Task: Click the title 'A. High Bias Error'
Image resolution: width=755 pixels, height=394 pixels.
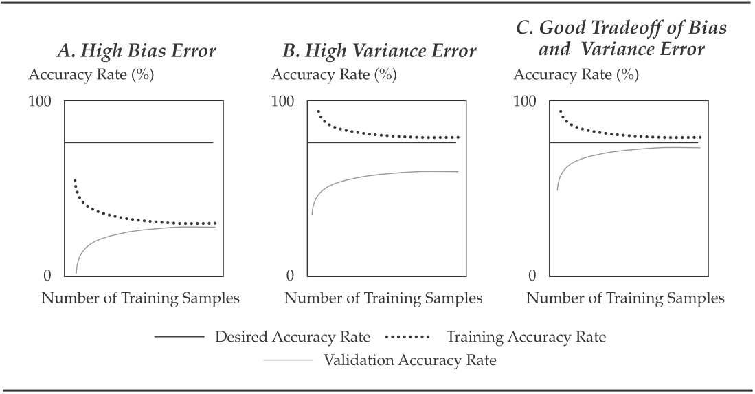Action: click(136, 51)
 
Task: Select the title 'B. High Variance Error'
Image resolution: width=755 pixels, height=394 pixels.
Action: click(379, 51)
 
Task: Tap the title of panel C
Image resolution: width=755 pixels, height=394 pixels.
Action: click(622, 39)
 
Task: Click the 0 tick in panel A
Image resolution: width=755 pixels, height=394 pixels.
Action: click(47, 276)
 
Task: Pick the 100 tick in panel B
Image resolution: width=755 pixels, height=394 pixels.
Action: click(282, 102)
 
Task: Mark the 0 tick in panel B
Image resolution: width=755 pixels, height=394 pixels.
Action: click(290, 276)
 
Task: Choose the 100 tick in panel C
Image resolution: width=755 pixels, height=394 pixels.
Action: click(525, 102)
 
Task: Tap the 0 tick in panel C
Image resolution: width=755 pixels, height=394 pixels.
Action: click(532, 276)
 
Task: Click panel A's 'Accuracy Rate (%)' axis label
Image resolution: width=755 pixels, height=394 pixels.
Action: click(91, 75)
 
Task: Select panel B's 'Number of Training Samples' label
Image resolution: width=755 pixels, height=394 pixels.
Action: click(383, 298)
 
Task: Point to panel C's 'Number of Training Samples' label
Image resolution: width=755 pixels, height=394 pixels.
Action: click(625, 298)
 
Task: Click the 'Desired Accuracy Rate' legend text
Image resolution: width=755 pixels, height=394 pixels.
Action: click(293, 337)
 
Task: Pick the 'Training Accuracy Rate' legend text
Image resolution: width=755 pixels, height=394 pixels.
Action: click(526, 337)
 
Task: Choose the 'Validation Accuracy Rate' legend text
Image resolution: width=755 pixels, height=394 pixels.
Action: click(409, 360)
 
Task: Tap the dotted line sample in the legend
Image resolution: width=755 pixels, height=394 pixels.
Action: click(407, 337)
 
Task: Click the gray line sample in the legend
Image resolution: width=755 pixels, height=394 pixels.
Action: click(289, 360)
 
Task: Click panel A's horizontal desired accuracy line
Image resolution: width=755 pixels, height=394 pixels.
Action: click(139, 142)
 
